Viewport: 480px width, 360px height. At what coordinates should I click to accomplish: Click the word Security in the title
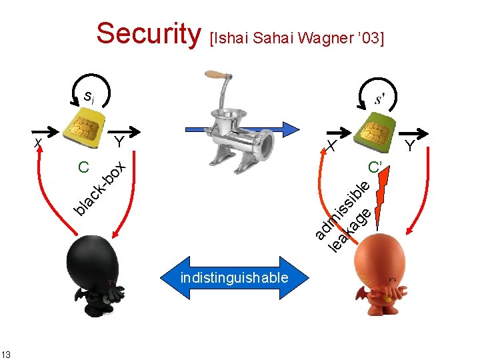point(148,33)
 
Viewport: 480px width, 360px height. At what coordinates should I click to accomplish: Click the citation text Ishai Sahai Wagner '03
point(297,37)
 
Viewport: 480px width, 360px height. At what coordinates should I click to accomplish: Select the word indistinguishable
point(234,277)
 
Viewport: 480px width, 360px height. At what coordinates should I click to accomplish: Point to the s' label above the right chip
point(378,100)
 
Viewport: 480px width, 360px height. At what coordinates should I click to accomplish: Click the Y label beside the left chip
point(119,141)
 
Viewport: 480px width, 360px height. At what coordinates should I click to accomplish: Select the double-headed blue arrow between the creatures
point(234,277)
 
